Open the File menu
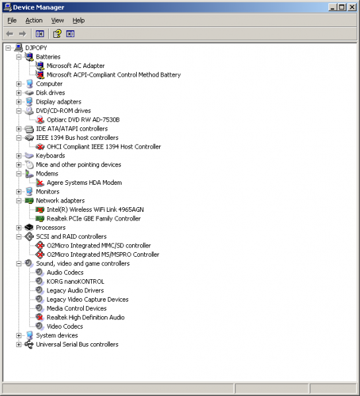click(x=12, y=20)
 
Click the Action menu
click(x=34, y=20)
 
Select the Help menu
click(x=79, y=20)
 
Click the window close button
click(x=351, y=7)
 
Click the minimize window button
click(x=332, y=7)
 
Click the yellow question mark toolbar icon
click(x=57, y=34)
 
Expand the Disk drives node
click(x=18, y=93)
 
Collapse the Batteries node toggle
click(x=18, y=57)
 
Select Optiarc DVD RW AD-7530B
click(x=83, y=119)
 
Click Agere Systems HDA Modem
click(x=84, y=183)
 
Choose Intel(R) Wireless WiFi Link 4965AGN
click(x=95, y=210)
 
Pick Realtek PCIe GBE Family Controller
click(x=94, y=218)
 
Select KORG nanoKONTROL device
click(x=75, y=282)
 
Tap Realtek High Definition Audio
click(x=85, y=317)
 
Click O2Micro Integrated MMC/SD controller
click(x=98, y=246)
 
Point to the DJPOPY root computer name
click(x=36, y=48)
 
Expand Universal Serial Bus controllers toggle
click(x=18, y=345)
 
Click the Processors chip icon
click(x=29, y=228)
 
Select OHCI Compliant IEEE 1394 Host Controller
click(x=104, y=147)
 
